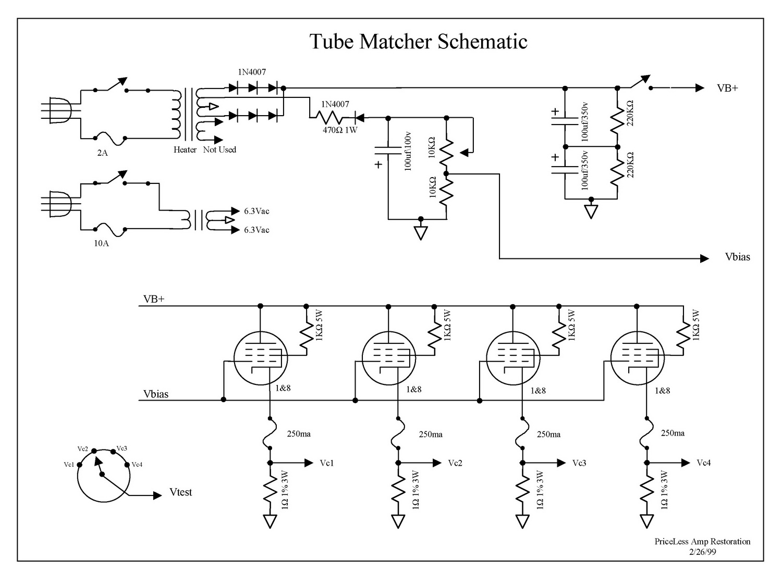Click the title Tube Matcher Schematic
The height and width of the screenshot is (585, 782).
419,42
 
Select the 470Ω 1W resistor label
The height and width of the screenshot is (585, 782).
340,130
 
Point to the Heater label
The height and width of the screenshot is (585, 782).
185,150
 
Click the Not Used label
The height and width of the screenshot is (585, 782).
219,150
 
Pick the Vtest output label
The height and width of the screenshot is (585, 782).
181,492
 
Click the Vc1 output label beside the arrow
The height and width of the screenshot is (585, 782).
327,463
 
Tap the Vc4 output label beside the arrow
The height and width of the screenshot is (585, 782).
704,463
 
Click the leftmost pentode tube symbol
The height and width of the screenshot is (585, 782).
261,359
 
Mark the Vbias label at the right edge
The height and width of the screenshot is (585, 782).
738,257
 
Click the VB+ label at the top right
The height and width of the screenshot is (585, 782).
728,88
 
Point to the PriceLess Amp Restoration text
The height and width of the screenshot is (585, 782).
702,542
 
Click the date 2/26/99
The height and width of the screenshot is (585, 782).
702,552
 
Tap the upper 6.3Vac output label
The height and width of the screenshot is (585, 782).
256,211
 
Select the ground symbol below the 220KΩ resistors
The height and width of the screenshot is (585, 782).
591,211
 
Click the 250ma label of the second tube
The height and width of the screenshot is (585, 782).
431,434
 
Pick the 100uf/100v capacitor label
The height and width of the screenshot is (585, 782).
408,152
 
